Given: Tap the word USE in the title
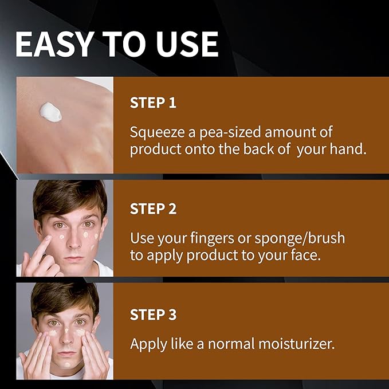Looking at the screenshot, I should (185, 44).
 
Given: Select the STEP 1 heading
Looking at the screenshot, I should (153, 103).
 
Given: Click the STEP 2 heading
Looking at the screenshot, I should (153, 209).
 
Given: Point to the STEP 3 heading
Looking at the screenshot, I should (153, 315).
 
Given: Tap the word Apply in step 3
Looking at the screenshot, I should (147, 344).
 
